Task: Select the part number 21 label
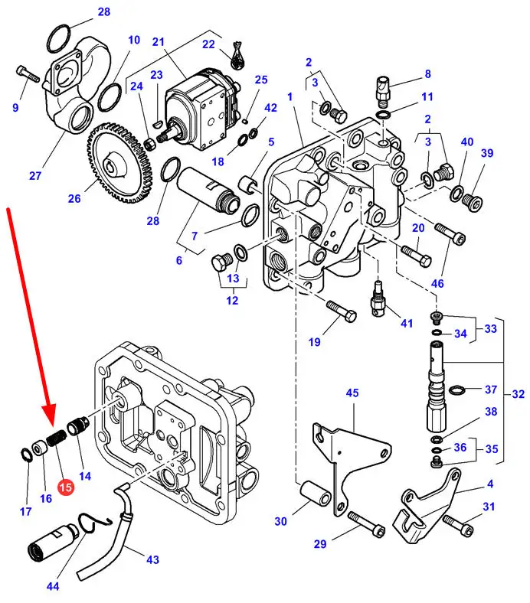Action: (159, 42)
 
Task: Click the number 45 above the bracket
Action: (352, 393)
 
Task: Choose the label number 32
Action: (519, 395)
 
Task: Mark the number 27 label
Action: (35, 175)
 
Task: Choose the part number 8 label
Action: (427, 74)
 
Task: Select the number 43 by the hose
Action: (152, 559)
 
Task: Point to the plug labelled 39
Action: (472, 202)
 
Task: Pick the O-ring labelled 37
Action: (456, 392)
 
